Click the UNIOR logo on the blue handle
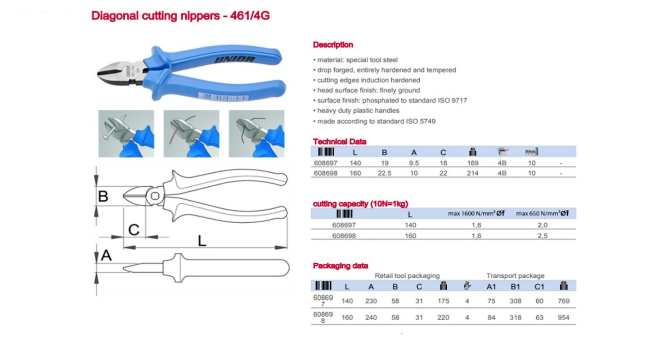tap(234, 60)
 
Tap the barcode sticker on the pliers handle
tap(224, 97)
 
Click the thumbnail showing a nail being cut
tap(126, 134)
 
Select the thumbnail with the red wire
tap(191, 134)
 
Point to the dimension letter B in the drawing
tap(103, 196)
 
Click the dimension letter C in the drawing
tap(134, 230)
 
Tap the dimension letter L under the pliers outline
tap(202, 241)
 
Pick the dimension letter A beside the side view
tap(106, 255)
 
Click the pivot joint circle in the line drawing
tap(155, 196)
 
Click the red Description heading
tap(333, 45)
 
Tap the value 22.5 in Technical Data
tap(384, 173)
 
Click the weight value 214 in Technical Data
tap(472, 173)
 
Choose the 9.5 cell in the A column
tap(414, 163)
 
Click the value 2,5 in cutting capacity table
tap(542, 236)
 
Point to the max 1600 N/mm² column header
tap(476, 213)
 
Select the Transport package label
tap(515, 275)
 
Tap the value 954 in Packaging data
tap(564, 317)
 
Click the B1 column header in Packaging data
tap(515, 287)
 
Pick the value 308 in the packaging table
tap(515, 301)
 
